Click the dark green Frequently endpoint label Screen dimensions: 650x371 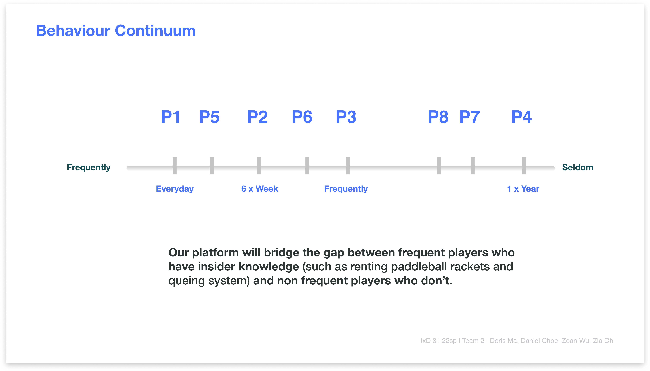(88, 167)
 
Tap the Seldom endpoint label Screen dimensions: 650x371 (578, 167)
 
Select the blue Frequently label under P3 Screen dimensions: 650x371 (346, 189)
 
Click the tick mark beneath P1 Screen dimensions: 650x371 (175, 166)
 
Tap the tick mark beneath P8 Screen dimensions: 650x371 (439, 166)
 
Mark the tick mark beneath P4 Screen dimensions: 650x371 (524, 166)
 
